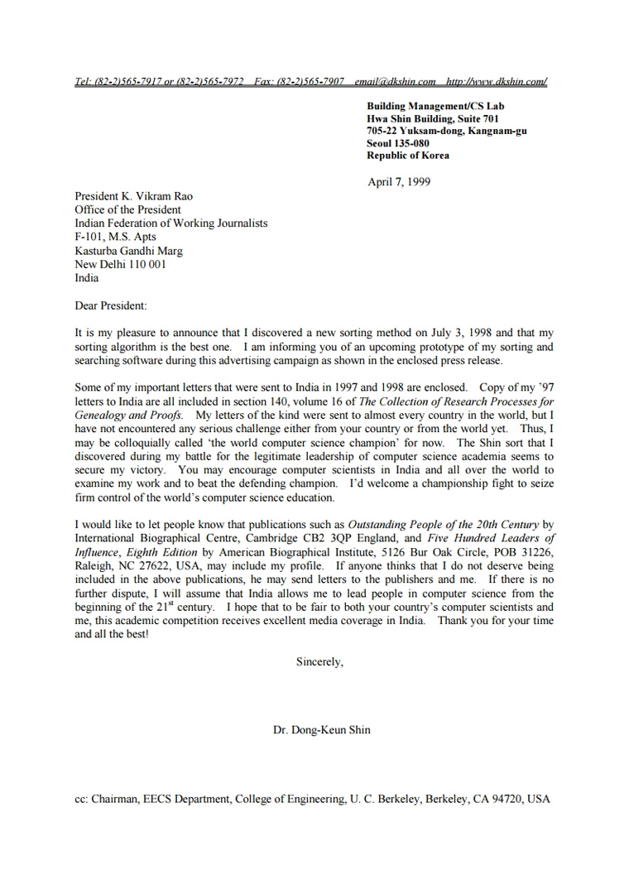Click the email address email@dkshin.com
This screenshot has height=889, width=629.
coord(395,81)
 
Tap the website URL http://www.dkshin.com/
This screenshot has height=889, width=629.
coord(496,81)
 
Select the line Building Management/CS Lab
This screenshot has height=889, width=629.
coord(435,106)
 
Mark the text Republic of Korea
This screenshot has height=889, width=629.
coord(408,156)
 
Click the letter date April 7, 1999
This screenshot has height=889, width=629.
coord(398,182)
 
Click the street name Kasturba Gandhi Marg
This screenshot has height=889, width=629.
coord(129,251)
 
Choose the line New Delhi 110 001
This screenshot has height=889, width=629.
coord(120,264)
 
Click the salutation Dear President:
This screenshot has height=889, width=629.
coord(110,305)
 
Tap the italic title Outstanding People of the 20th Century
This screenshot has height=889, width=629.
coord(443,525)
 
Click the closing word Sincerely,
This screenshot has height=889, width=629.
coord(319,661)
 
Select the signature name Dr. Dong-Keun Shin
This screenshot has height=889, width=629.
coord(322,730)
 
